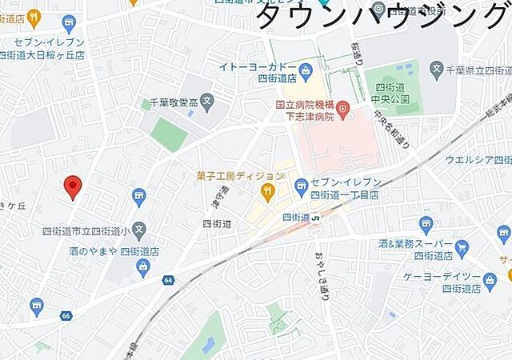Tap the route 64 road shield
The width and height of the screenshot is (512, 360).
[x=168, y=280]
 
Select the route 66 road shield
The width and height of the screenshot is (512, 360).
[x=65, y=316]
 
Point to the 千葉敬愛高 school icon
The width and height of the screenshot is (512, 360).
[x=207, y=102]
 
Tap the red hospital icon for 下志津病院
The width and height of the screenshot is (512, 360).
[x=342, y=105]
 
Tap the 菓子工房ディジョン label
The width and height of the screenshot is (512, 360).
[x=240, y=176]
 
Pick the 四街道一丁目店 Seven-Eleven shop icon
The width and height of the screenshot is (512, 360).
[x=301, y=187]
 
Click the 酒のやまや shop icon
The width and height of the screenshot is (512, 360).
[x=144, y=267]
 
